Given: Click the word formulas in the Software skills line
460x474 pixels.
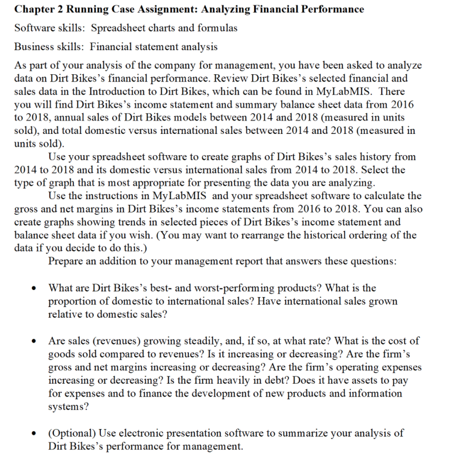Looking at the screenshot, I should click(213, 27).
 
